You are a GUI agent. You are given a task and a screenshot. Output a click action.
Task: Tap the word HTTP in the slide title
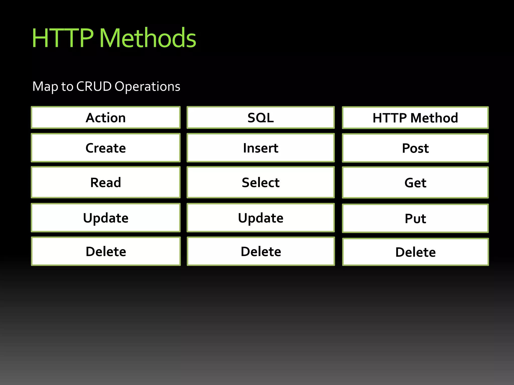point(63,38)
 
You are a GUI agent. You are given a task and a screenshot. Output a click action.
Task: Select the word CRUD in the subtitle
point(94,86)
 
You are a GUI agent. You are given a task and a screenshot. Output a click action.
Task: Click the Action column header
point(106,118)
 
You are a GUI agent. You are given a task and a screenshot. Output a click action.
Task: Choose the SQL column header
point(261,118)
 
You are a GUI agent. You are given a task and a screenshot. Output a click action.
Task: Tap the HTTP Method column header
point(415,118)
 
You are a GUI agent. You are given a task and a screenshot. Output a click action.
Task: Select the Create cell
point(106,148)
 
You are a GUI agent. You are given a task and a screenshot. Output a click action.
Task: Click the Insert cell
point(261,148)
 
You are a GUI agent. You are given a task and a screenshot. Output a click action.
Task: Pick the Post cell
point(415,148)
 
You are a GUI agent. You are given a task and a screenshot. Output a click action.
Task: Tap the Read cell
point(106,182)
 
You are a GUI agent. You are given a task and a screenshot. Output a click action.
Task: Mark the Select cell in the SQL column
point(261,182)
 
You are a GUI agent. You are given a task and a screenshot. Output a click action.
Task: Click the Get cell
point(415,183)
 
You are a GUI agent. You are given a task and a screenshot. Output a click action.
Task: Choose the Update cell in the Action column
point(106,218)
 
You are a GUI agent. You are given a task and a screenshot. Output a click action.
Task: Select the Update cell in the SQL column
point(261,218)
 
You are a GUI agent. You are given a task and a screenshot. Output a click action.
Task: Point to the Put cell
point(415,218)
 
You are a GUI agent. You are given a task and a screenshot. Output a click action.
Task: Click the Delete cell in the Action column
point(106,251)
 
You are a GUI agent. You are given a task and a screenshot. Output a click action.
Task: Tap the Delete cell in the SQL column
point(261,251)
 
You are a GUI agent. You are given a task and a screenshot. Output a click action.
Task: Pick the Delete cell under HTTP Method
point(415,252)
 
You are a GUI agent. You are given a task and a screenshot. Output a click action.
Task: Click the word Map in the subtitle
point(45,87)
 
